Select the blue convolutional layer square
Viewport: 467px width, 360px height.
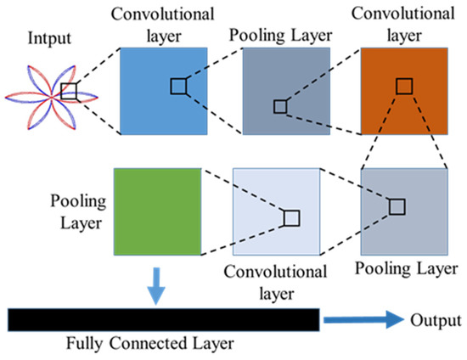164,90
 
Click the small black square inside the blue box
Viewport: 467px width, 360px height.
178,86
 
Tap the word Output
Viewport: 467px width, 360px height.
434,321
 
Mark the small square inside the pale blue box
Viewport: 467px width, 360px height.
291,218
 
